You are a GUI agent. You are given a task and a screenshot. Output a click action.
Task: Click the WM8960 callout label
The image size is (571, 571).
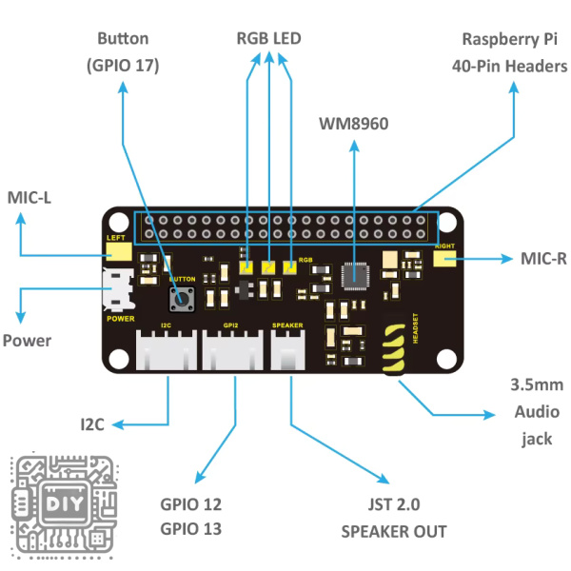click(x=354, y=124)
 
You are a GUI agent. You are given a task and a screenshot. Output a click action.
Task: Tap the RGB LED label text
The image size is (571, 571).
click(x=268, y=39)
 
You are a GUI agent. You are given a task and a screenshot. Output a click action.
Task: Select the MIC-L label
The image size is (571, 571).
click(x=30, y=197)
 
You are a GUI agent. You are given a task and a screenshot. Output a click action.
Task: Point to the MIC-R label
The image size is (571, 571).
click(x=543, y=258)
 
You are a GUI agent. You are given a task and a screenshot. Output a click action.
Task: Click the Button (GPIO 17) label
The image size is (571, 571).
click(x=122, y=52)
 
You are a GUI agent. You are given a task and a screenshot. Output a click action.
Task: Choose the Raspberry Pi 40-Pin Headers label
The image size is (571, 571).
click(x=514, y=52)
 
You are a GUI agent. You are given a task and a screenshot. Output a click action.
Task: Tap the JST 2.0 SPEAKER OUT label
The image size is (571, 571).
click(x=393, y=518)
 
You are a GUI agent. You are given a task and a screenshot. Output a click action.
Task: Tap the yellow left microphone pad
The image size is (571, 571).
click(x=118, y=252)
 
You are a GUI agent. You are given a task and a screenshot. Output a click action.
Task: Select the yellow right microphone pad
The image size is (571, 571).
click(x=443, y=259)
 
